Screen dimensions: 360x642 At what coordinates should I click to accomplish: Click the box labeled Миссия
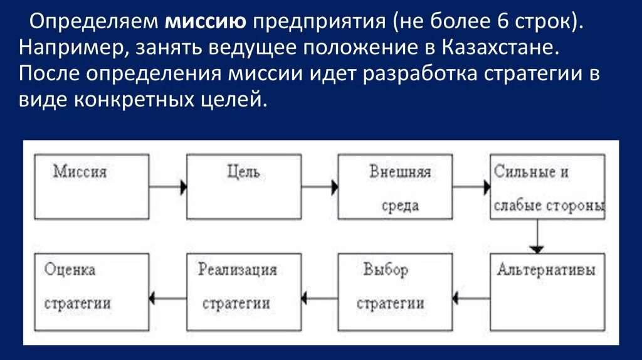(x=92, y=186)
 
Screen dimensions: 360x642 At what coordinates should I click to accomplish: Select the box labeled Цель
(x=243, y=186)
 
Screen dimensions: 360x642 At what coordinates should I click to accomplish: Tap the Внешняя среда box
(x=395, y=186)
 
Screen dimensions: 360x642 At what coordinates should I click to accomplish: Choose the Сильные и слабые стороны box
(x=548, y=186)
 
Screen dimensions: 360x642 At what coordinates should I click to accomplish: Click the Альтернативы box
(x=548, y=292)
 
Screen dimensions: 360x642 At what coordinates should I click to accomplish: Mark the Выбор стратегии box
(x=395, y=292)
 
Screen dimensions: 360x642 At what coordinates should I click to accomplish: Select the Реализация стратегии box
(x=243, y=292)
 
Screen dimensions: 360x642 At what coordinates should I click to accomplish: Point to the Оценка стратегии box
(x=92, y=292)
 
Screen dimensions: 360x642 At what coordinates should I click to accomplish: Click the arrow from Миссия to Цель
(x=168, y=186)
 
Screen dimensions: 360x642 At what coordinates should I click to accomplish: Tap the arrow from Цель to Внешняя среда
(x=319, y=186)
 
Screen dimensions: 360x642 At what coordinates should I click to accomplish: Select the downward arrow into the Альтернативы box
(x=536, y=236)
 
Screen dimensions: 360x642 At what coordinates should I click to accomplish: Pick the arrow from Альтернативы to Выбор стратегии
(x=471, y=299)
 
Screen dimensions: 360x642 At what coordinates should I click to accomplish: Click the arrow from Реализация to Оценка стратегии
(x=168, y=299)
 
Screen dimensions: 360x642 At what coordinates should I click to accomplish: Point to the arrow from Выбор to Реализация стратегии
(x=319, y=299)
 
